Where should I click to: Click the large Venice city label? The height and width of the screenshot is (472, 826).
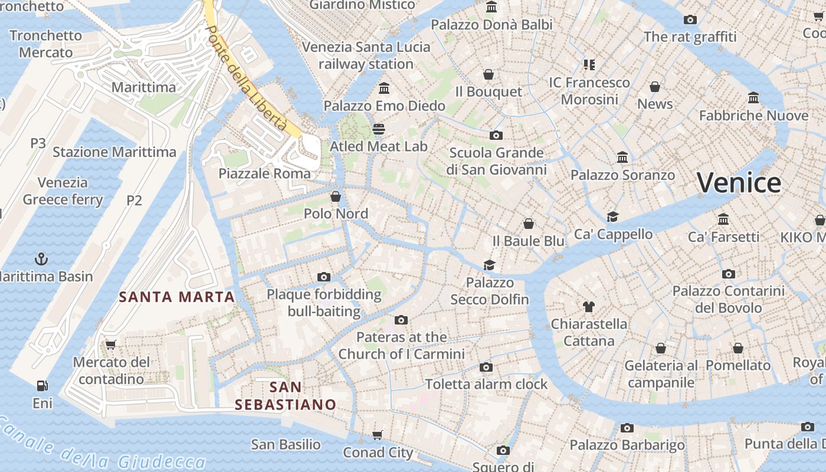coord(739,183)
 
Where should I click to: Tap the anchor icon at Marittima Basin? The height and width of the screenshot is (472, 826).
coord(41,258)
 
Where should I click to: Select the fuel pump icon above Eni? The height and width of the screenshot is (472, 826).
coord(42,386)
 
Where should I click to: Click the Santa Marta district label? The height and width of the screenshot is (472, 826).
coord(177,297)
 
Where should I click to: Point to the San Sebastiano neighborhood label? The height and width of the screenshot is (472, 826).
coord(286,396)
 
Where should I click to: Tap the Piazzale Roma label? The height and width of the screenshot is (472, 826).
coord(264,173)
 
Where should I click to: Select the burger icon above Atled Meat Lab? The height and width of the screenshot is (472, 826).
coord(378,129)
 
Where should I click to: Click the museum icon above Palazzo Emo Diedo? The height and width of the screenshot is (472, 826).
coord(384,88)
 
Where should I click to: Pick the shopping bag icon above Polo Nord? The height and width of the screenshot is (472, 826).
coord(336,196)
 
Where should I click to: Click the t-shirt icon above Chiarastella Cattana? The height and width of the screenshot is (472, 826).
coord(588,306)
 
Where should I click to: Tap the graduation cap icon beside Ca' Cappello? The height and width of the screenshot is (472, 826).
coord(613,217)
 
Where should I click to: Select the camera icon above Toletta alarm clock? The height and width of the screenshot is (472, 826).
coord(486,367)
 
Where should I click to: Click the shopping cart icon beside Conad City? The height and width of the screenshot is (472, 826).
coord(377,435)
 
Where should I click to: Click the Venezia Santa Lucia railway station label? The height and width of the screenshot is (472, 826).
coord(366,55)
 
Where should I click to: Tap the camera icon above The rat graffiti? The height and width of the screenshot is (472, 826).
coord(690,19)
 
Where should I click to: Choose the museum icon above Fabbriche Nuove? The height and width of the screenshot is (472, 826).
coord(753,97)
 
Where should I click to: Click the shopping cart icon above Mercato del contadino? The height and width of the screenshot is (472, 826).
coord(110,345)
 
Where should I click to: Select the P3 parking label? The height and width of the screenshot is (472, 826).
coord(38,143)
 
